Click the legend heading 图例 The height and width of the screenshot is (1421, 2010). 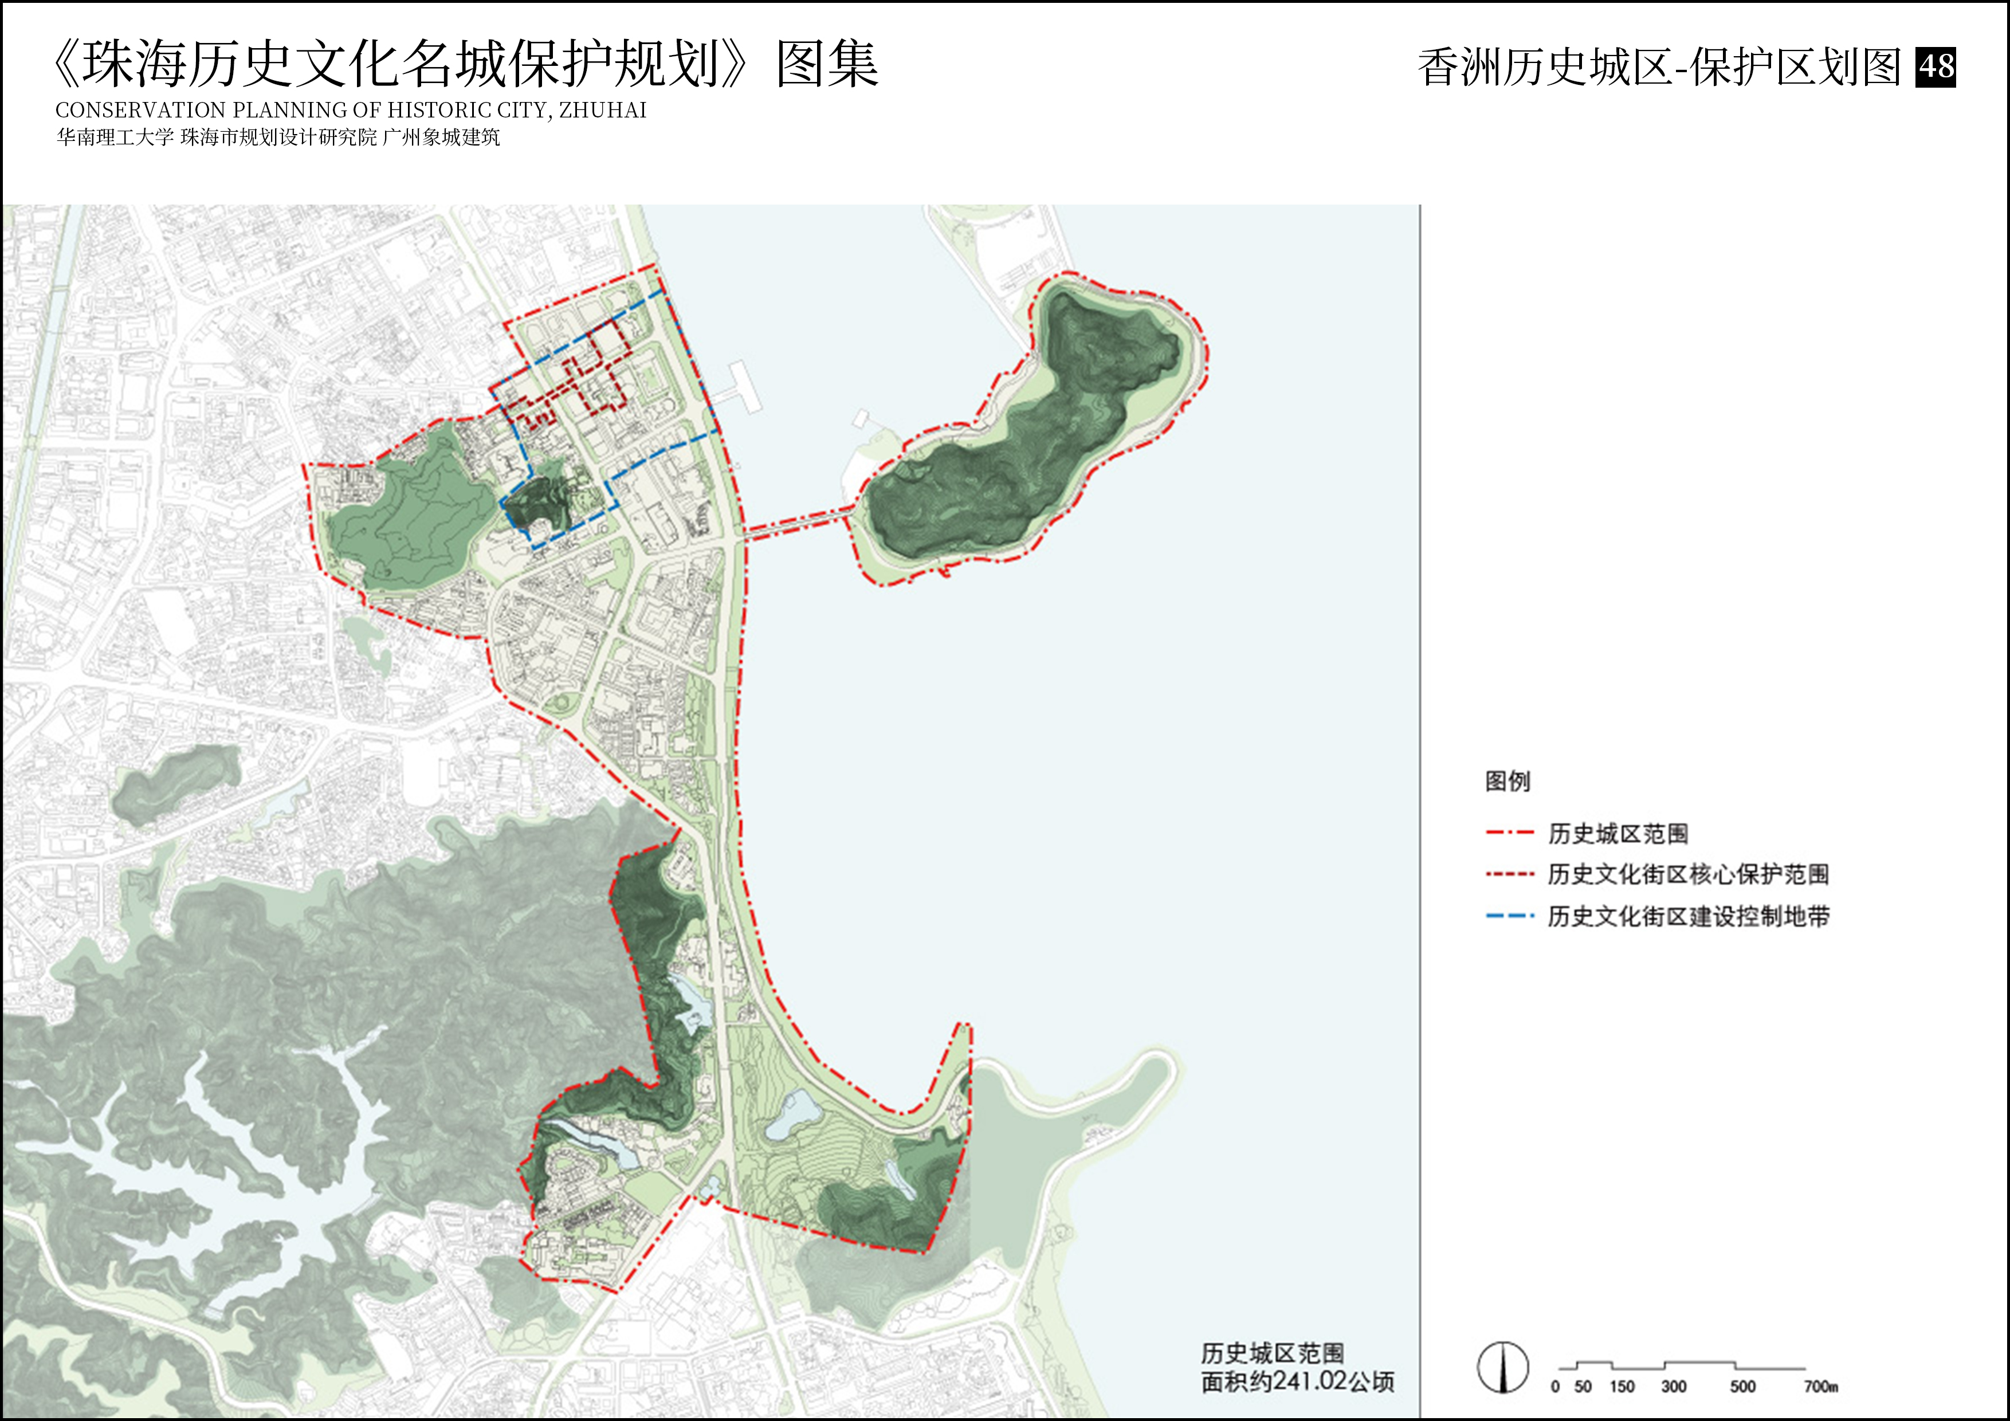pos(1506,781)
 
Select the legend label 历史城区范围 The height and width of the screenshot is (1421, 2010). pos(1617,834)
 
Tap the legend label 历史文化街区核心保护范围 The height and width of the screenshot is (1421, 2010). pos(1688,874)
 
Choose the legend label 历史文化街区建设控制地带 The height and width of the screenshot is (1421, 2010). pos(1688,916)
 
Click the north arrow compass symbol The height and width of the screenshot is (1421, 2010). pos(1503,1367)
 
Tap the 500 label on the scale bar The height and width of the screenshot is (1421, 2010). pos(1742,1387)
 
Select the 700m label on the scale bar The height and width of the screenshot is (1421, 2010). pos(1821,1387)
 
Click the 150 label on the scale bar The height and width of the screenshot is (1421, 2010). pos(1622,1387)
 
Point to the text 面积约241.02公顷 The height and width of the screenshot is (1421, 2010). pos(1297,1381)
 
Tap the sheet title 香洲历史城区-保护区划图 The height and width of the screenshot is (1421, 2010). pos(1659,68)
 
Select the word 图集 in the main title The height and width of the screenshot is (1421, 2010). pos(826,64)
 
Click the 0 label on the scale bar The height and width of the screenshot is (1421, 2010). pos(1555,1387)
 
